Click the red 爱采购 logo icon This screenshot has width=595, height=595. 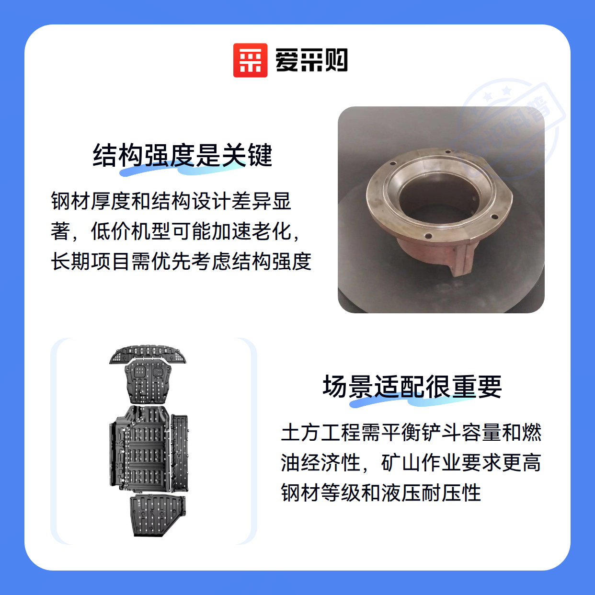click(250, 60)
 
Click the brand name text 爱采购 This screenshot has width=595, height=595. click(311, 60)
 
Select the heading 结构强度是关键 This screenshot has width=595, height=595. click(182, 155)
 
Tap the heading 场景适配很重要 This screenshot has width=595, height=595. click(412, 387)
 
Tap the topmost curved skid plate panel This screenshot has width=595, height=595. click(148, 354)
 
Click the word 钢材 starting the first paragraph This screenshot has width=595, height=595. click(71, 201)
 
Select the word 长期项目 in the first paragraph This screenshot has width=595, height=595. click(90, 262)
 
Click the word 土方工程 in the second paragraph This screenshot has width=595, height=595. click(320, 433)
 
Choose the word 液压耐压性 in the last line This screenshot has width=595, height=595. click(431, 493)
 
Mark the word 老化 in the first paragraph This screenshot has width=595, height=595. click(272, 231)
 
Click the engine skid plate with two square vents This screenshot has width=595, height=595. click(148, 382)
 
